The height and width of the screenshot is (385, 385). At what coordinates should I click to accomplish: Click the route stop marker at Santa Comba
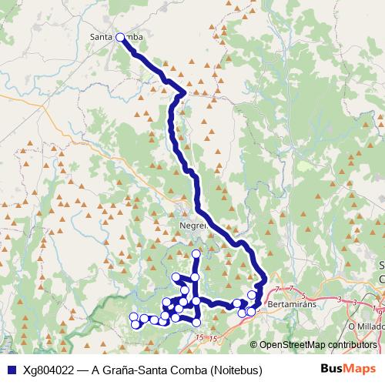click(120, 36)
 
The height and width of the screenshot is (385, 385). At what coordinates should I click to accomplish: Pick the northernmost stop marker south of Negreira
click(196, 253)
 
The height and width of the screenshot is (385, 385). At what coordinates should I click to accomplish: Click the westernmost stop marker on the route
click(133, 316)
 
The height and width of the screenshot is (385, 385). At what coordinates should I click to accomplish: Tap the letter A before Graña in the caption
click(95, 370)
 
